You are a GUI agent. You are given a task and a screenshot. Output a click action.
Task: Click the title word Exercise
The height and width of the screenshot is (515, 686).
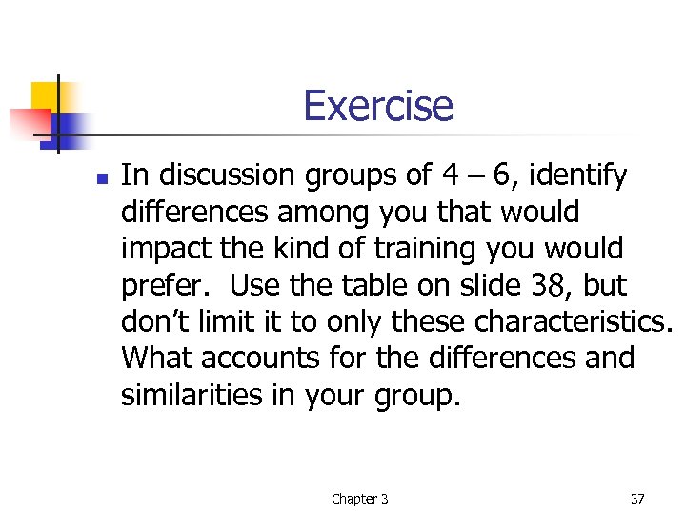coord(378,106)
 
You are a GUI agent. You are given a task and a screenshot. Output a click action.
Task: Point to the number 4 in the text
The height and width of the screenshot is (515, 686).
coord(450,175)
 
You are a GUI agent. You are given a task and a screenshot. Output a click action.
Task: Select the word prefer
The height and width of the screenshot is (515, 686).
coord(168,286)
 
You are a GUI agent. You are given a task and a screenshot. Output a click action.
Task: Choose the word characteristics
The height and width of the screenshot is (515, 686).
coord(574,321)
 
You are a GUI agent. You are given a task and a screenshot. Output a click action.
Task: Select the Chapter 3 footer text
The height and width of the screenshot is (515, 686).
coord(359,499)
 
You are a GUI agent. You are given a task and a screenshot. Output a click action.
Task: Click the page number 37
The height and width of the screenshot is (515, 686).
coord(637,499)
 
